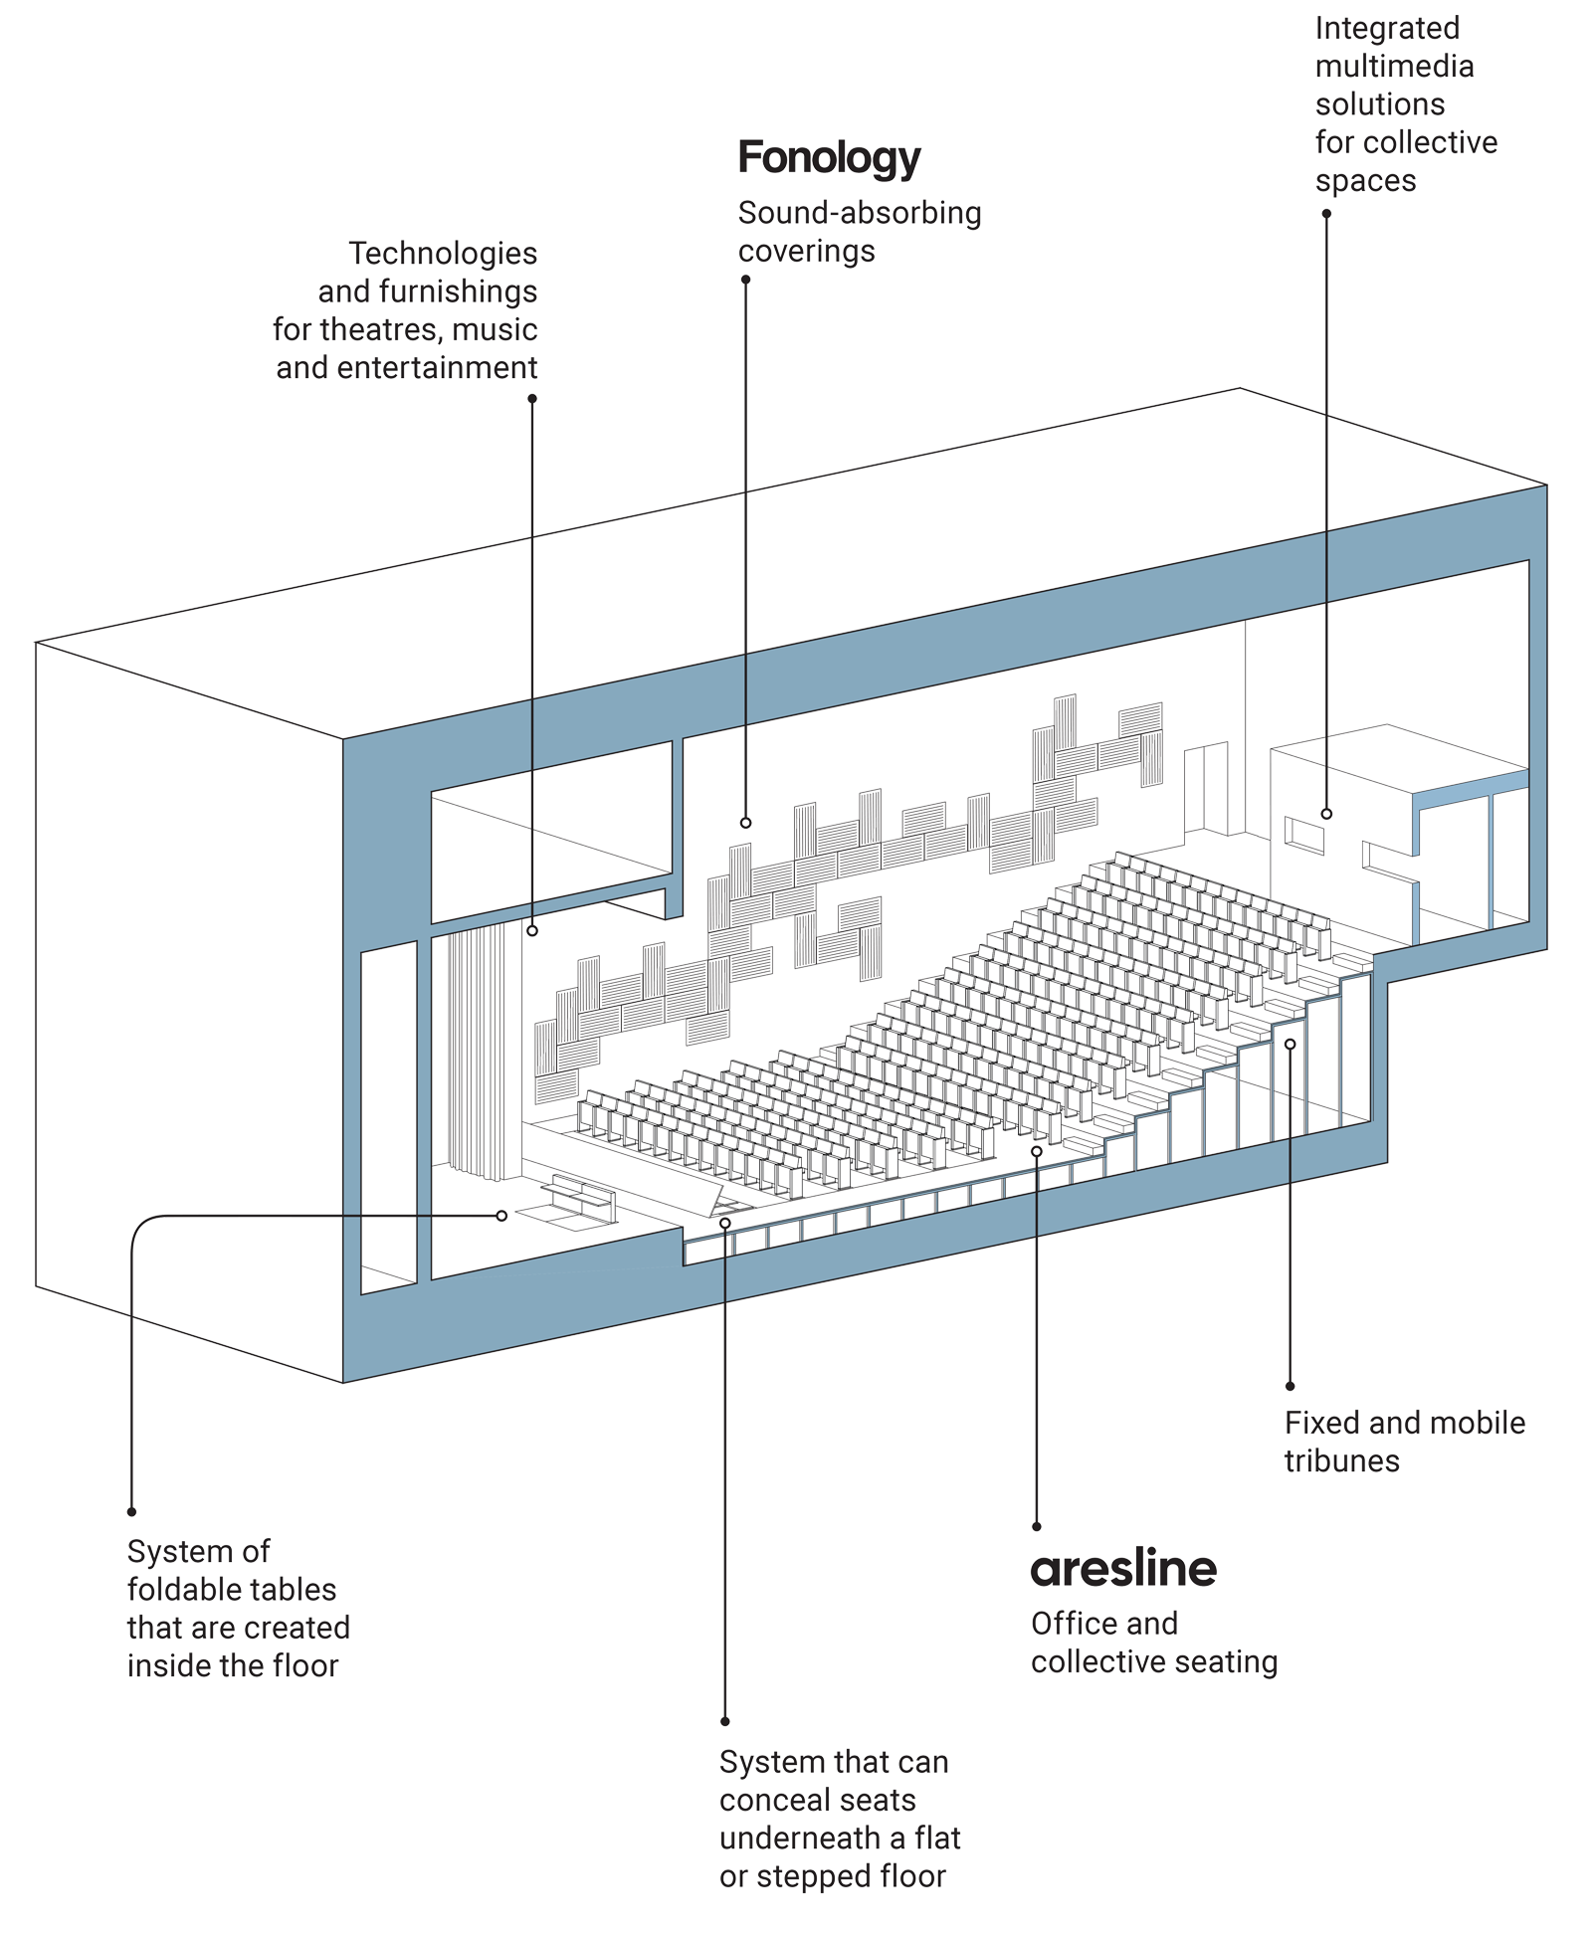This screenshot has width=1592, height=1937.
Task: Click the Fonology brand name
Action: tap(830, 159)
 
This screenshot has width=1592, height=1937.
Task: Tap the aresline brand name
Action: tap(1123, 1570)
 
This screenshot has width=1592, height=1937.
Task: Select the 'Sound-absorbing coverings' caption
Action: tap(859, 231)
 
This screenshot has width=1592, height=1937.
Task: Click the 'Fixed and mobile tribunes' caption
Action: tap(1404, 1441)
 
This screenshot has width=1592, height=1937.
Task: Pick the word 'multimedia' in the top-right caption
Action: tap(1394, 67)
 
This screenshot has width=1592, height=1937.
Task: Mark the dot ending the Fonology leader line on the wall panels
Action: tap(745, 823)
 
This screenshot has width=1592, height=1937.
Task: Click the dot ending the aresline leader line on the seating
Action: tap(1036, 1151)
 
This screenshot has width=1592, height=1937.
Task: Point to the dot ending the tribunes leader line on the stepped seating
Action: tap(1290, 1044)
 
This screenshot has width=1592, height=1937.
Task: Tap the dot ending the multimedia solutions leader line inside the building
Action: tap(1325, 814)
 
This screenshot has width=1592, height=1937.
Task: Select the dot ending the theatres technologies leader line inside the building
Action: tap(532, 930)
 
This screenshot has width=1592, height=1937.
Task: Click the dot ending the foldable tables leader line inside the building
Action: tap(501, 1216)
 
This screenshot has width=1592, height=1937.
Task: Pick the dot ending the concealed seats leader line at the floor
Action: tap(724, 1223)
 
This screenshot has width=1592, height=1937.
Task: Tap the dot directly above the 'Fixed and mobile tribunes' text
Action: tap(1290, 1386)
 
